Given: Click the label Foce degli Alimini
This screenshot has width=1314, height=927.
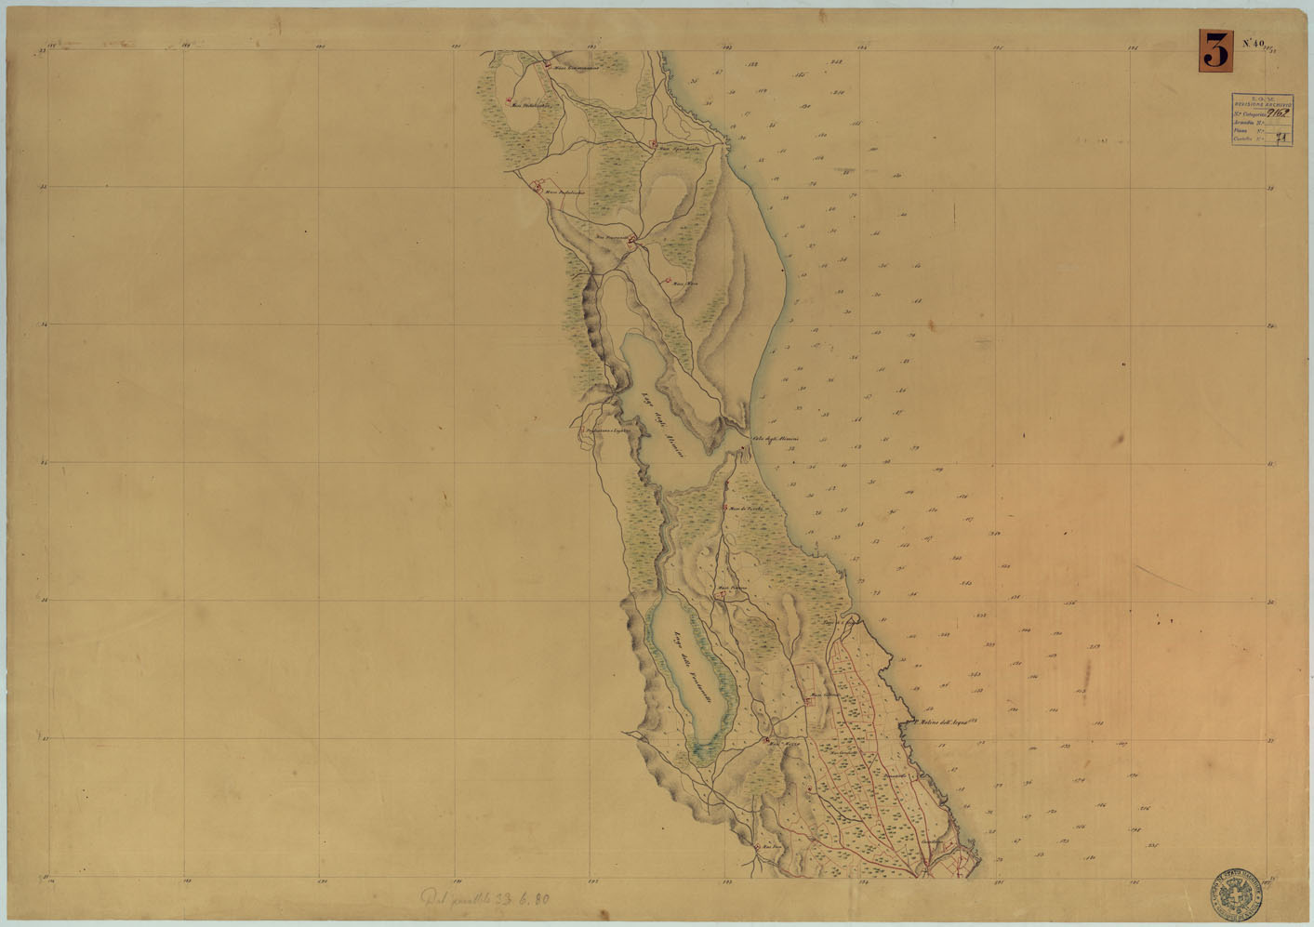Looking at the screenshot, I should (783, 438).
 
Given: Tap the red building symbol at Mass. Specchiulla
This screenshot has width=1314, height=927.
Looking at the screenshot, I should (655, 144).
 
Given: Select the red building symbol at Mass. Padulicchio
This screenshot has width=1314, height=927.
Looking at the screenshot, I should (536, 188).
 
